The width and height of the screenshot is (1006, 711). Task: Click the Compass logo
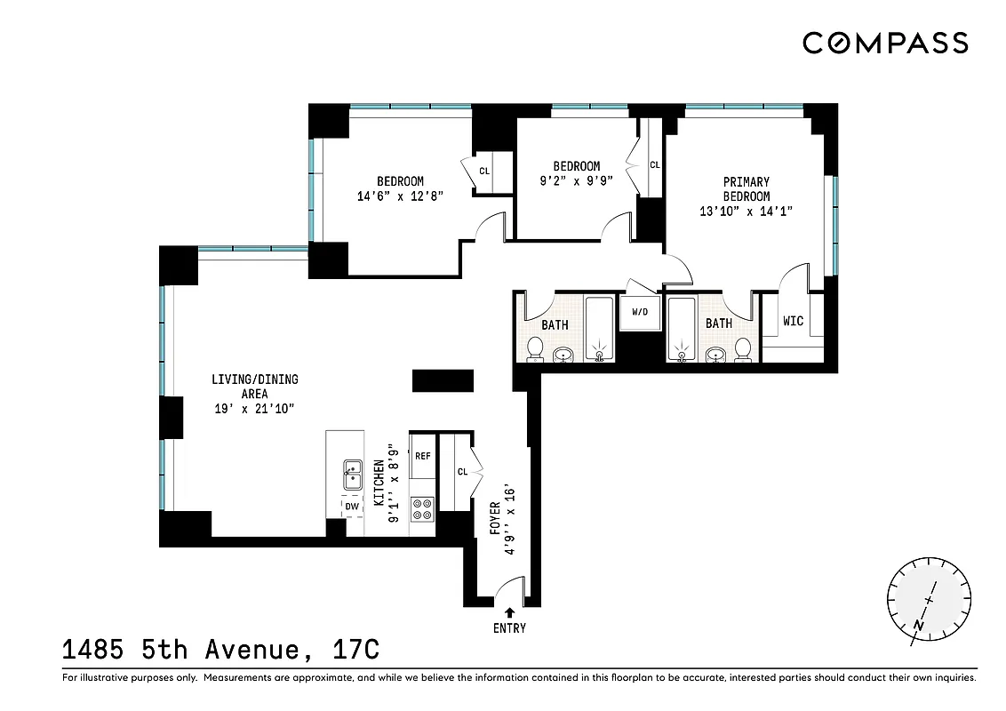point(885,43)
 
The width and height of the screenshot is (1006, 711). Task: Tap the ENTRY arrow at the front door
point(510,612)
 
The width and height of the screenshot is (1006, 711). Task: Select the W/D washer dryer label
point(640,313)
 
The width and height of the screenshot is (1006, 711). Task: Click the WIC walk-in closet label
point(793,321)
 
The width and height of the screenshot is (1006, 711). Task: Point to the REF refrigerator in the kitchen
point(422,456)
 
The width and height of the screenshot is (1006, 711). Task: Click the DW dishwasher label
point(353,507)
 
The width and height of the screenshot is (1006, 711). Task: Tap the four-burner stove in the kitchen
point(422,509)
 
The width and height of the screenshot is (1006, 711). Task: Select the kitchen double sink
point(353,475)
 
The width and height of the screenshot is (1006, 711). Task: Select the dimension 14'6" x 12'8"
point(399,197)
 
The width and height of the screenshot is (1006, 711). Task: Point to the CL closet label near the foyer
point(462,472)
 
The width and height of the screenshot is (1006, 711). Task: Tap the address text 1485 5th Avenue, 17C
point(221,651)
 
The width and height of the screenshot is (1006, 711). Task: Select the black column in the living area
point(443,380)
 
